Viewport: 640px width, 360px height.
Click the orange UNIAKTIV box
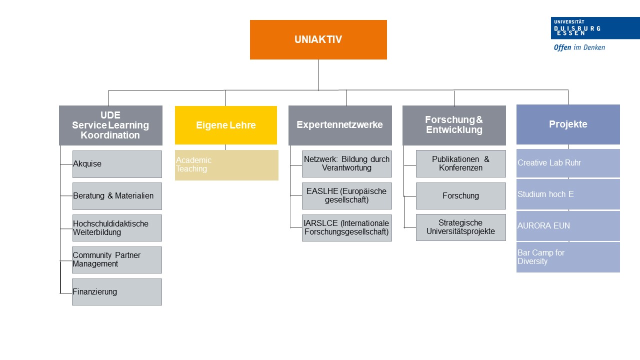(318, 39)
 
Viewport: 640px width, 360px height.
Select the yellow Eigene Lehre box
(225, 125)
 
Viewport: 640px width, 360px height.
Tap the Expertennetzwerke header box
(340, 125)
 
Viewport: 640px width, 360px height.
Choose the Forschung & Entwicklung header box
(454, 125)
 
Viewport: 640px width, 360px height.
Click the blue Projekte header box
(568, 124)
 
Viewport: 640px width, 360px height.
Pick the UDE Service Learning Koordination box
(110, 125)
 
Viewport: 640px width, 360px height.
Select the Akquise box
(117, 164)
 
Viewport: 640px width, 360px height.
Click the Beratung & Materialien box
(117, 196)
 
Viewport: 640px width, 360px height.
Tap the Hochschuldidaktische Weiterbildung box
(117, 228)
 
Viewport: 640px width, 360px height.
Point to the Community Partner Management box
(117, 260)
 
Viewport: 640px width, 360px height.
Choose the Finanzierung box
(117, 292)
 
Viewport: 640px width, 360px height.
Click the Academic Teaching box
(226, 165)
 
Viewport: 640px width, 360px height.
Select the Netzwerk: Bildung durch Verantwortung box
(347, 164)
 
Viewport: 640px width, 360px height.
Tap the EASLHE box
(347, 196)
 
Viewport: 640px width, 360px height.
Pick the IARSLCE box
(347, 228)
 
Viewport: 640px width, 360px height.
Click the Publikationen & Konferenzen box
(461, 163)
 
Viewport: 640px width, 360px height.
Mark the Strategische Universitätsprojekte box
(461, 227)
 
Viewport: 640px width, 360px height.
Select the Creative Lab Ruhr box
(568, 163)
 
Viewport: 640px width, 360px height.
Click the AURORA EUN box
(568, 226)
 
